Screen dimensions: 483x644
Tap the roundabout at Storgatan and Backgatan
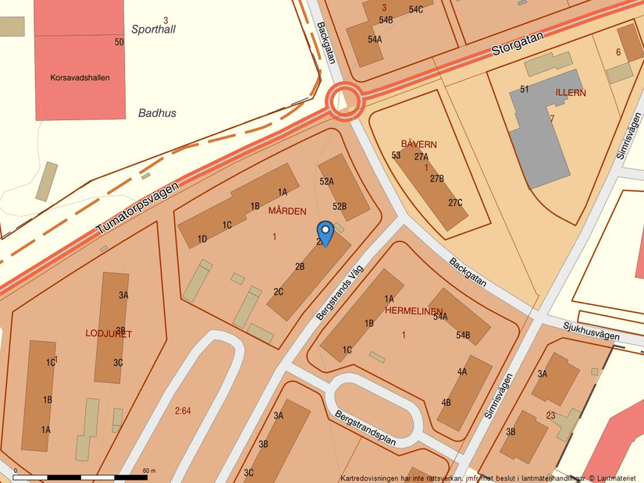344,101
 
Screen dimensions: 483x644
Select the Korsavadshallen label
80,78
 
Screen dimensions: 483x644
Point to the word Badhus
157,113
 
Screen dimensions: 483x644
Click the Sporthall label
154,30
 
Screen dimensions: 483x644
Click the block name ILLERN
571,92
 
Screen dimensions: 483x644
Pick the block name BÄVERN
418,144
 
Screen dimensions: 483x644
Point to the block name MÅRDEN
286,211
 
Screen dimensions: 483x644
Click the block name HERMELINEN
414,311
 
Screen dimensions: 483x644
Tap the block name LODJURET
109,334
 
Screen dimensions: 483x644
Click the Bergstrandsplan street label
365,429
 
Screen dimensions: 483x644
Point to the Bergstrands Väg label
340,291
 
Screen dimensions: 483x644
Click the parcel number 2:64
183,410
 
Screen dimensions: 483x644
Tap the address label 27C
455,203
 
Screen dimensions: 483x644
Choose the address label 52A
326,181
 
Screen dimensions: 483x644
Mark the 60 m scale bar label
148,471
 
